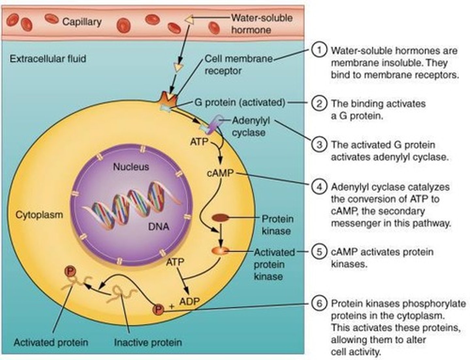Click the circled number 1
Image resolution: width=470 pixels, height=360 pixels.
coord(319,50)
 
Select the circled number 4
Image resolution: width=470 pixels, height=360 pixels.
coord(319,187)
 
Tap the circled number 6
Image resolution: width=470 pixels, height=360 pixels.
coord(319,303)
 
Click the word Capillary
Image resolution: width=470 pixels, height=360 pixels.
coord(82,22)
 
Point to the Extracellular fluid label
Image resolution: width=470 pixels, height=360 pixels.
coord(48,59)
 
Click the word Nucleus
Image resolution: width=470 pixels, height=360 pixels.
coord(131,167)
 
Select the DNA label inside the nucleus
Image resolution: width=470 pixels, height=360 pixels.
coord(159,227)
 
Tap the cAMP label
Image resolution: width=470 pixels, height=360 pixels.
coord(220,173)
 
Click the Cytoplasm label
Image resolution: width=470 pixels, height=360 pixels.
coord(39,215)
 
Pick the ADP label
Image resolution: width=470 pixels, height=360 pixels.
coord(190,302)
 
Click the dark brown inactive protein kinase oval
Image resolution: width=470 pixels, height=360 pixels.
coord(220,218)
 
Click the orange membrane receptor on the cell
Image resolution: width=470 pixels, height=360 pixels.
coord(168,98)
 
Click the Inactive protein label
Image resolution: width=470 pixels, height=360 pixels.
coord(148,343)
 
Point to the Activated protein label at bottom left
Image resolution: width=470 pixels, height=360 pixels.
coord(51,343)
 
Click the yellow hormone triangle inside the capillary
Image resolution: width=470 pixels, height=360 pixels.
coord(189,20)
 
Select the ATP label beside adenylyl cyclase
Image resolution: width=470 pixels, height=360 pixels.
coord(199,142)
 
